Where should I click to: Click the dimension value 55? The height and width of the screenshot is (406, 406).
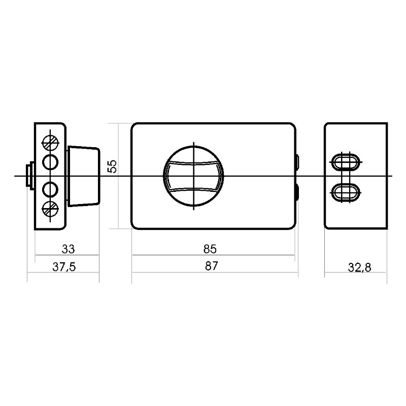click(112, 166)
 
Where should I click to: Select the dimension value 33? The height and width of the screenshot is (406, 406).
click(69, 249)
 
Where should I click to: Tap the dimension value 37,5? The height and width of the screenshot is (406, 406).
click(64, 267)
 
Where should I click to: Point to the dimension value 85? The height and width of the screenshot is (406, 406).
click(210, 249)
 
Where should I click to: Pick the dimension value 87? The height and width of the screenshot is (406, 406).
click(212, 266)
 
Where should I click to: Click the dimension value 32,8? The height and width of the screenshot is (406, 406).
click(359, 267)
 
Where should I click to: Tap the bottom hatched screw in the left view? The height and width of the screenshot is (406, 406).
click(50, 209)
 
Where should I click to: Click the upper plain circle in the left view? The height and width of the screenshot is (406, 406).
click(50, 162)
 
